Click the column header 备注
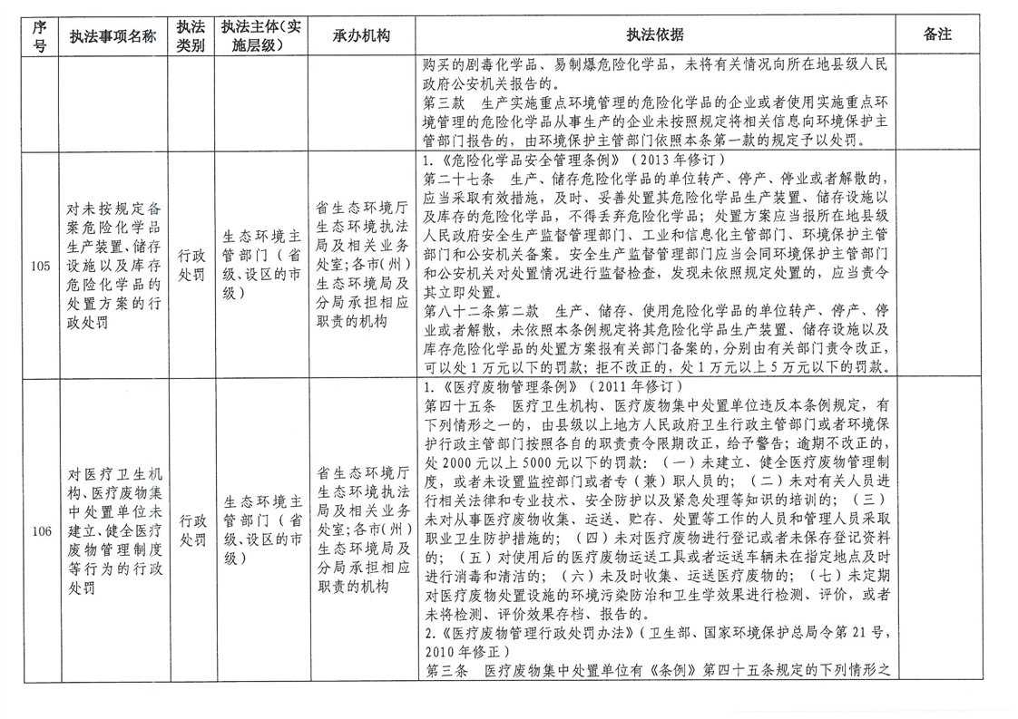tap(937, 35)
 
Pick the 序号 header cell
tap(39, 36)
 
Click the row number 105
tap(39, 267)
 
